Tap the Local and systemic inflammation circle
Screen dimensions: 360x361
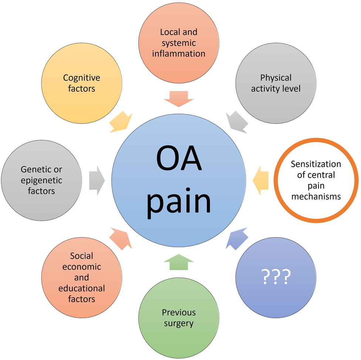tap(178, 43)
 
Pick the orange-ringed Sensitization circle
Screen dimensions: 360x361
tap(316, 180)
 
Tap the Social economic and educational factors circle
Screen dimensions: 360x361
tap(82, 277)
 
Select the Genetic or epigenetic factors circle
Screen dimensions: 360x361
tap(41, 180)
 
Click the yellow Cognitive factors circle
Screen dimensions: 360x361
tap(82, 83)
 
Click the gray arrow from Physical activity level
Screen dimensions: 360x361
tap(237, 122)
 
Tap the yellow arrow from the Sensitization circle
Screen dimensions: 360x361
tap(260, 180)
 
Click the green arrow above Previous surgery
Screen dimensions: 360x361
tap(178, 262)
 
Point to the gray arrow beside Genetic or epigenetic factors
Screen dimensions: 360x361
tap(97, 181)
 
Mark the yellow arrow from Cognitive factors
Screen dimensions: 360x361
tap(120, 122)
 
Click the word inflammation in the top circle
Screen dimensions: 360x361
tap(178, 54)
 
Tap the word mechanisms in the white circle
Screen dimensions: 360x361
tap(316, 196)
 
